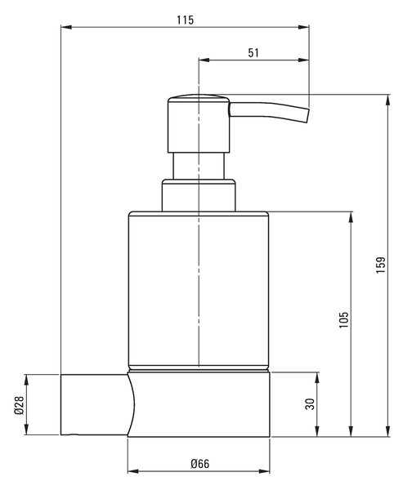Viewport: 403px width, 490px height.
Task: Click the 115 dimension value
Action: [186, 20]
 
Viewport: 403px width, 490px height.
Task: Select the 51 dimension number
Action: [253, 53]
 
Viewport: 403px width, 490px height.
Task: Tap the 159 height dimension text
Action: [381, 265]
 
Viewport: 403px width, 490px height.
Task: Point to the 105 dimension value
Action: [343, 319]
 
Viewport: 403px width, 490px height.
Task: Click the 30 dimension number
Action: [310, 404]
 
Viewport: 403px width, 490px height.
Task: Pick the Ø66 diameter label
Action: [200, 464]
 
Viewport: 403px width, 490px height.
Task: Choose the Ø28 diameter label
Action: [19, 405]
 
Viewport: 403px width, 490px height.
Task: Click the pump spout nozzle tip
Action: [308, 116]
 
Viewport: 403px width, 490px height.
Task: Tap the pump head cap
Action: [199, 124]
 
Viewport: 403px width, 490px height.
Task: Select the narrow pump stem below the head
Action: [199, 166]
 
